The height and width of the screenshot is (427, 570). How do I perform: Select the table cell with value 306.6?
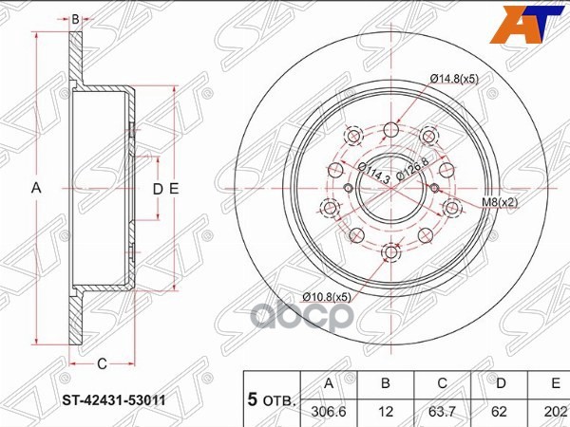[329, 412]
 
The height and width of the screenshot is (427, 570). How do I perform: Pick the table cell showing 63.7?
[441, 412]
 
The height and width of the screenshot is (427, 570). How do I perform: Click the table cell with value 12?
[386, 412]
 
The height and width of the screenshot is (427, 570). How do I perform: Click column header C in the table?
[441, 385]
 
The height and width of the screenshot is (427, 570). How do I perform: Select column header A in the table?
[329, 385]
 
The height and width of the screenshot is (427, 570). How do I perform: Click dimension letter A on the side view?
[37, 188]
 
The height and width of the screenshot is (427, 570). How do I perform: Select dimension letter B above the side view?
[76, 18]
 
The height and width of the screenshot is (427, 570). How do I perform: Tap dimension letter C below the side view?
[102, 362]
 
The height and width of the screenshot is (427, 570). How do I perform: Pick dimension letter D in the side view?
[159, 188]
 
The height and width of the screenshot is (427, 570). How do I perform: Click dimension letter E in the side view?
[174, 188]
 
